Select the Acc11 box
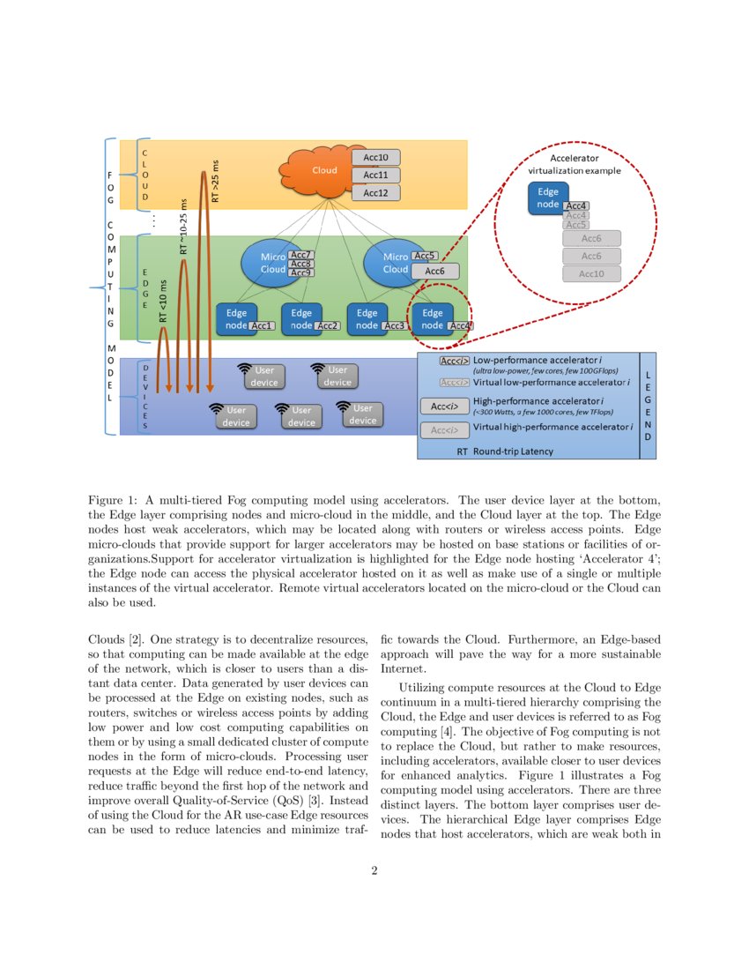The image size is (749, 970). point(375,175)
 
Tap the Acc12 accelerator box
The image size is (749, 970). point(375,193)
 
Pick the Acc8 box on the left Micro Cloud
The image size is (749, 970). point(301,264)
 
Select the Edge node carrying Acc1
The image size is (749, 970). point(235,319)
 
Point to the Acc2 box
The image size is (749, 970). point(328,326)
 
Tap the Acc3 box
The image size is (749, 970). point(394,326)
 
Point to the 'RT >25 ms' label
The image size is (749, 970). point(215,181)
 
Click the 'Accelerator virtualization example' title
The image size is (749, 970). point(574,164)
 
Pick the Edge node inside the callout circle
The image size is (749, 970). point(547,198)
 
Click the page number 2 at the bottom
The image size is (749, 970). point(374,871)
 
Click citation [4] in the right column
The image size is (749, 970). point(447,732)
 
